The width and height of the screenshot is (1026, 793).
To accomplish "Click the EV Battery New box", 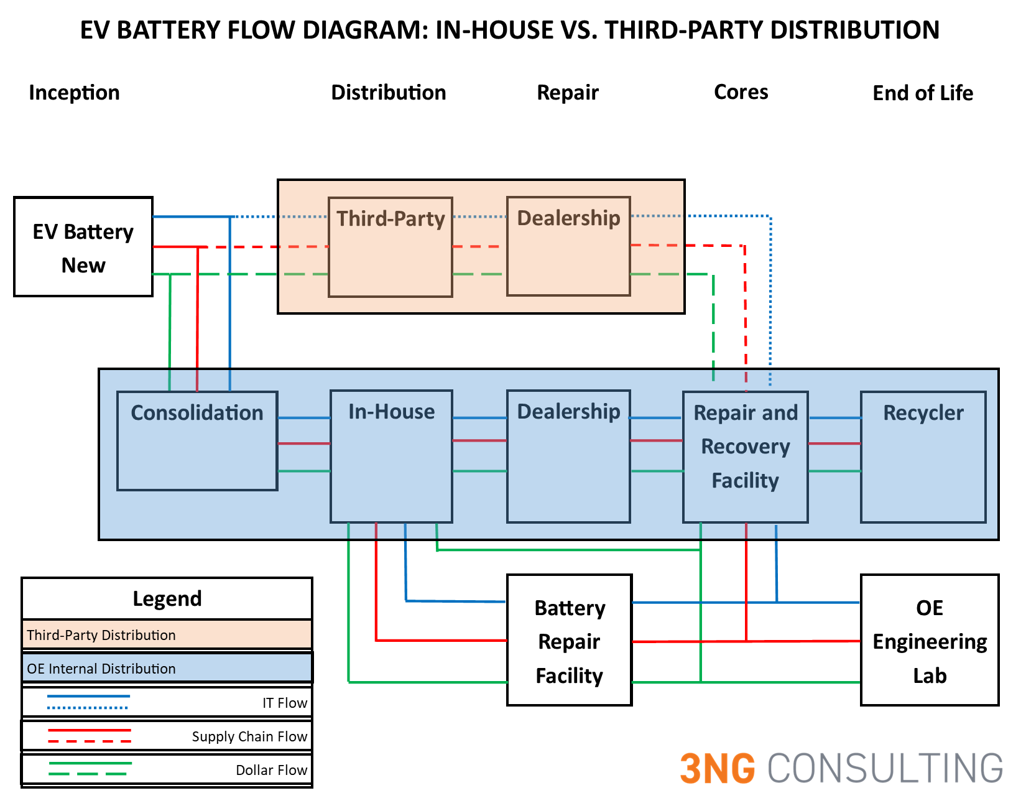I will tap(83, 247).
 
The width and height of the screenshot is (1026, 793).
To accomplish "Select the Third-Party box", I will tap(390, 247).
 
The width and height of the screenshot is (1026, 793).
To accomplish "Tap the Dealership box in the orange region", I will tap(568, 246).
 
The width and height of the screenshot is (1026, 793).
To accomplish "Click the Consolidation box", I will tap(197, 440).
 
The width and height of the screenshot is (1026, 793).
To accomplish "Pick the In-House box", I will tap(391, 457).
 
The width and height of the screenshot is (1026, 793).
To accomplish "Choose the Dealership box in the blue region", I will tap(568, 457).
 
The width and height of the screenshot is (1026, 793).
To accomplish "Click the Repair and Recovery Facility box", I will tap(745, 457).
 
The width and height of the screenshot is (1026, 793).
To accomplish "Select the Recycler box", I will tap(923, 457).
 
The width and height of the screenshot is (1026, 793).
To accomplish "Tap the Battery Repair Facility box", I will tap(569, 641).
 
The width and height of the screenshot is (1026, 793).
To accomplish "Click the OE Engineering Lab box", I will tap(929, 641).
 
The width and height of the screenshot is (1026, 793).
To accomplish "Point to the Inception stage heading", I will tap(74, 93).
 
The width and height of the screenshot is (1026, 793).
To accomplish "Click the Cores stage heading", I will tap(741, 92).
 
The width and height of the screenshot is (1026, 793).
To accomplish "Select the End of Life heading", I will tap(923, 93).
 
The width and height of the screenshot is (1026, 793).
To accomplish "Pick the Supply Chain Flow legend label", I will tap(249, 736).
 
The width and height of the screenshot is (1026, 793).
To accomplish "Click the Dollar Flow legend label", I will tap(271, 770).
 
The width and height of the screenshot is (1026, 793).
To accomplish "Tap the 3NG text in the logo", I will tap(717, 769).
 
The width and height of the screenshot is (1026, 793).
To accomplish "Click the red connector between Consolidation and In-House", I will tap(303, 443).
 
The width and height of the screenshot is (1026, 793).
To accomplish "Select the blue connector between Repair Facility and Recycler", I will tap(834, 418).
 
